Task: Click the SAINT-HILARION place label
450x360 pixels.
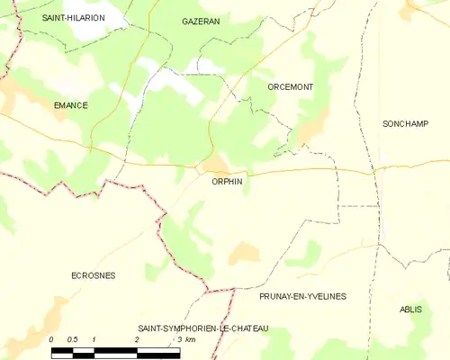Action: point(74,18)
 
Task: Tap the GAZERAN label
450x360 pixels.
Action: point(201,21)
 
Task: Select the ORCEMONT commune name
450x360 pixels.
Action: point(290,86)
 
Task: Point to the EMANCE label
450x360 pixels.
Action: point(70,105)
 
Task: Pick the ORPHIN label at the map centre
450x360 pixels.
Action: point(227,181)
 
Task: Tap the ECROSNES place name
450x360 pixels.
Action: point(93,275)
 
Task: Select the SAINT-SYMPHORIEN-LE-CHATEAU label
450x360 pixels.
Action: point(202,328)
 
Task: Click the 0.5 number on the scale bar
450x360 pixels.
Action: point(73,339)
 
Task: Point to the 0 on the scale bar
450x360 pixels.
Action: point(51,339)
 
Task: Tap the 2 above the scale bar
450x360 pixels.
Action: point(137,339)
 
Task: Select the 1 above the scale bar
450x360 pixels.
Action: point(94,339)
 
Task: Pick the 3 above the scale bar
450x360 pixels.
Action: point(179,339)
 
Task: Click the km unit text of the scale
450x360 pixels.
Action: point(192,339)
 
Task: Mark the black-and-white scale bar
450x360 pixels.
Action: point(115,349)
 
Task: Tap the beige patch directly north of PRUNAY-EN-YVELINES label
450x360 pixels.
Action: point(244,254)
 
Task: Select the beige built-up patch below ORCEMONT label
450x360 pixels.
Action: point(309,133)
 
